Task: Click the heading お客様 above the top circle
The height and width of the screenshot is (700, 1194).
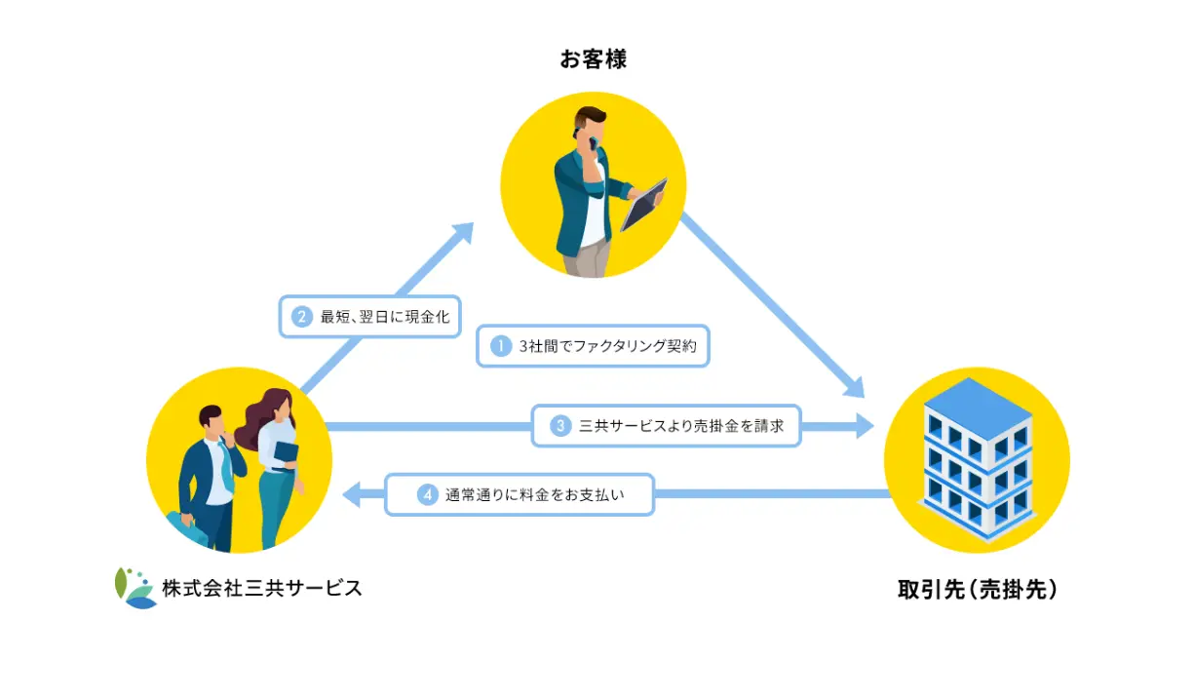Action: (593, 58)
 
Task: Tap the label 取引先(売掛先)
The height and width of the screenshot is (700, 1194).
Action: (977, 589)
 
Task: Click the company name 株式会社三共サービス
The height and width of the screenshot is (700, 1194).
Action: (262, 588)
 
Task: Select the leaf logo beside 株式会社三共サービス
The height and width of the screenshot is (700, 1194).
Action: (135, 588)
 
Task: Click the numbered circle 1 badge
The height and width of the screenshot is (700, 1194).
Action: (501, 346)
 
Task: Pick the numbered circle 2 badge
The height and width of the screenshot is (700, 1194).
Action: (302, 317)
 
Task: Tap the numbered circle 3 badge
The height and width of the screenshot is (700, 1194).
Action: (560, 425)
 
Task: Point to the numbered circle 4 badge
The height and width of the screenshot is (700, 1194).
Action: (428, 494)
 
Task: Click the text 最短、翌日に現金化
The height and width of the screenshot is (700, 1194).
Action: (385, 317)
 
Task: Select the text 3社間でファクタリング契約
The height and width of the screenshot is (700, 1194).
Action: (607, 346)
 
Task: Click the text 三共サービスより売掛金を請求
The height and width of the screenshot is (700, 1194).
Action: (681, 425)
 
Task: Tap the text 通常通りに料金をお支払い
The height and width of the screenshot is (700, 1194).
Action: (535, 494)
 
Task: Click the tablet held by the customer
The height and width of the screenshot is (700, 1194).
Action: (644, 205)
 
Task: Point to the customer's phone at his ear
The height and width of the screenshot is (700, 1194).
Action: (593, 143)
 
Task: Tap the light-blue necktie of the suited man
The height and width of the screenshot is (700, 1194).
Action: (226, 465)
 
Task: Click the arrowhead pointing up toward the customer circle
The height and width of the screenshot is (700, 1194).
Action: (462, 233)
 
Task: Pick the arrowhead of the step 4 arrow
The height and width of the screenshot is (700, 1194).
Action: (351, 494)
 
